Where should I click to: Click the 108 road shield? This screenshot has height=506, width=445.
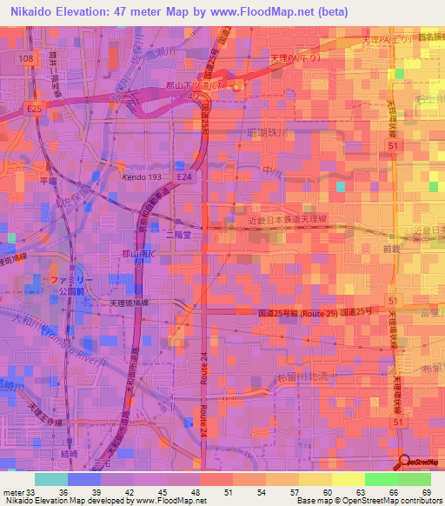(28, 58)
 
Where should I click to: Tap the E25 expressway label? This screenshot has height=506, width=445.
(34, 109)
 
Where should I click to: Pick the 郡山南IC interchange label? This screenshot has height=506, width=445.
(139, 255)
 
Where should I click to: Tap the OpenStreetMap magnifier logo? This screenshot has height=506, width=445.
(407, 463)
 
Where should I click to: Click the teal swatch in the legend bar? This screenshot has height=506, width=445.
(51, 479)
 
